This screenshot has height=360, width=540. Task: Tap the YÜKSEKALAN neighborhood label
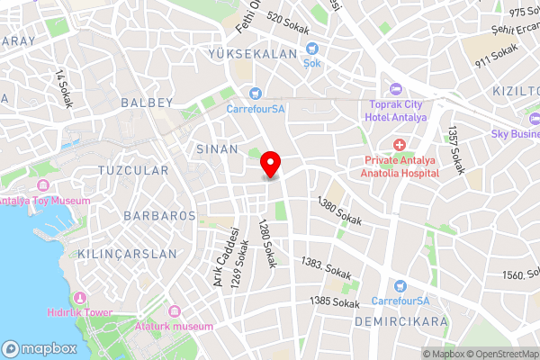pyautogui.click(x=241, y=55)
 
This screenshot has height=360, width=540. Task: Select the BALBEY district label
pyautogui.click(x=146, y=103)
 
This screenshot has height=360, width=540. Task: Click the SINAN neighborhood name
pyautogui.click(x=217, y=149)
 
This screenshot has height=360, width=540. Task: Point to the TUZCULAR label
pyautogui.click(x=132, y=170)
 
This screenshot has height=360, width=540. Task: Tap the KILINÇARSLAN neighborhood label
pyautogui.click(x=128, y=254)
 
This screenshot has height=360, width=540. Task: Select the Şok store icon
pyautogui.click(x=312, y=49)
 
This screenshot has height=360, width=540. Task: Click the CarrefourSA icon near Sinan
pyautogui.click(x=255, y=92)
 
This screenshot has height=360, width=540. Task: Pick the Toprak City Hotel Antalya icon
pyautogui.click(x=396, y=88)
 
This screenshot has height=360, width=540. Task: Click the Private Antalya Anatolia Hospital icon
pyautogui.click(x=400, y=145)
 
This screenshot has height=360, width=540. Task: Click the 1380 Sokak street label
pyautogui.click(x=340, y=212)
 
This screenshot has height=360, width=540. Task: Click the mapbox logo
pyautogui.click(x=40, y=347)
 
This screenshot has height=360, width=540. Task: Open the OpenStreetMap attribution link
pyautogui.click(x=501, y=354)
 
